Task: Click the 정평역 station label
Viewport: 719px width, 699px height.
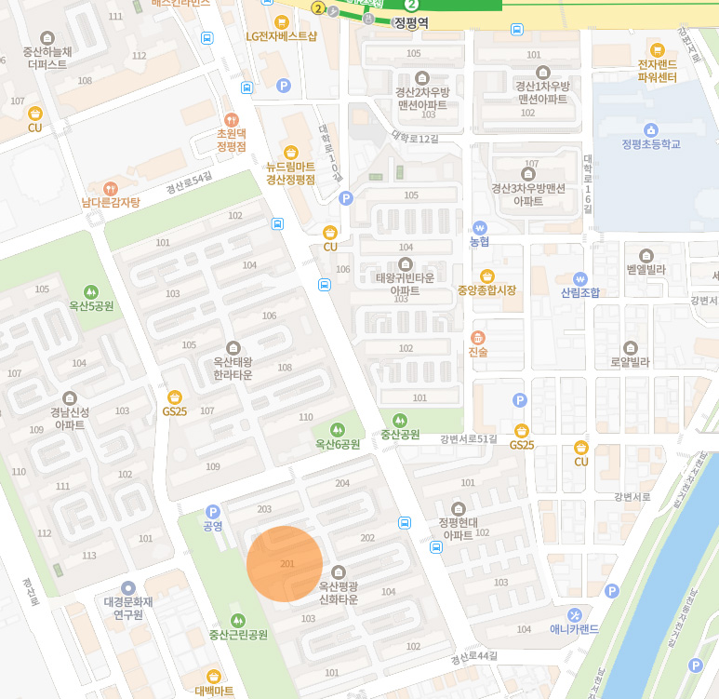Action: click(410, 22)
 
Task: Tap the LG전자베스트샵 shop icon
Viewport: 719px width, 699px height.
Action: click(281, 21)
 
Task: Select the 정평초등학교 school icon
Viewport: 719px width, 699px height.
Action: click(651, 129)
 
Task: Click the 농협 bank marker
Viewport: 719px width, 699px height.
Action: click(479, 227)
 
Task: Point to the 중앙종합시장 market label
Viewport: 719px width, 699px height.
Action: click(486, 290)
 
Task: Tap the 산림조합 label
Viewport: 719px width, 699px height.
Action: click(580, 292)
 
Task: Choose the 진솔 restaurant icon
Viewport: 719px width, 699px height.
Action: click(478, 337)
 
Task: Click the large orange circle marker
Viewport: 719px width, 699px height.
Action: click(285, 564)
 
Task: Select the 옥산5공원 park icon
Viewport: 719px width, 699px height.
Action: click(90, 291)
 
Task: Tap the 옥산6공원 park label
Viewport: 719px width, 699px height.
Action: click(337, 445)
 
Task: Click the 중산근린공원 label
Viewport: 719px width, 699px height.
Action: click(238, 635)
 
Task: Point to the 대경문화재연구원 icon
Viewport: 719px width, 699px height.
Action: click(127, 587)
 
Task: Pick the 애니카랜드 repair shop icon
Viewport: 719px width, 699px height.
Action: click(574, 614)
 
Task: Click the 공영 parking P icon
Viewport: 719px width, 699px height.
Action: click(213, 511)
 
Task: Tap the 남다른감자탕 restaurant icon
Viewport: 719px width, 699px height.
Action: click(111, 188)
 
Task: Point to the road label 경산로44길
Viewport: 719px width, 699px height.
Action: click(473, 657)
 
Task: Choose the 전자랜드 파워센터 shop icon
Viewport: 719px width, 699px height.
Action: click(657, 50)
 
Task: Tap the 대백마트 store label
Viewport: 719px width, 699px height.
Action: click(214, 691)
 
